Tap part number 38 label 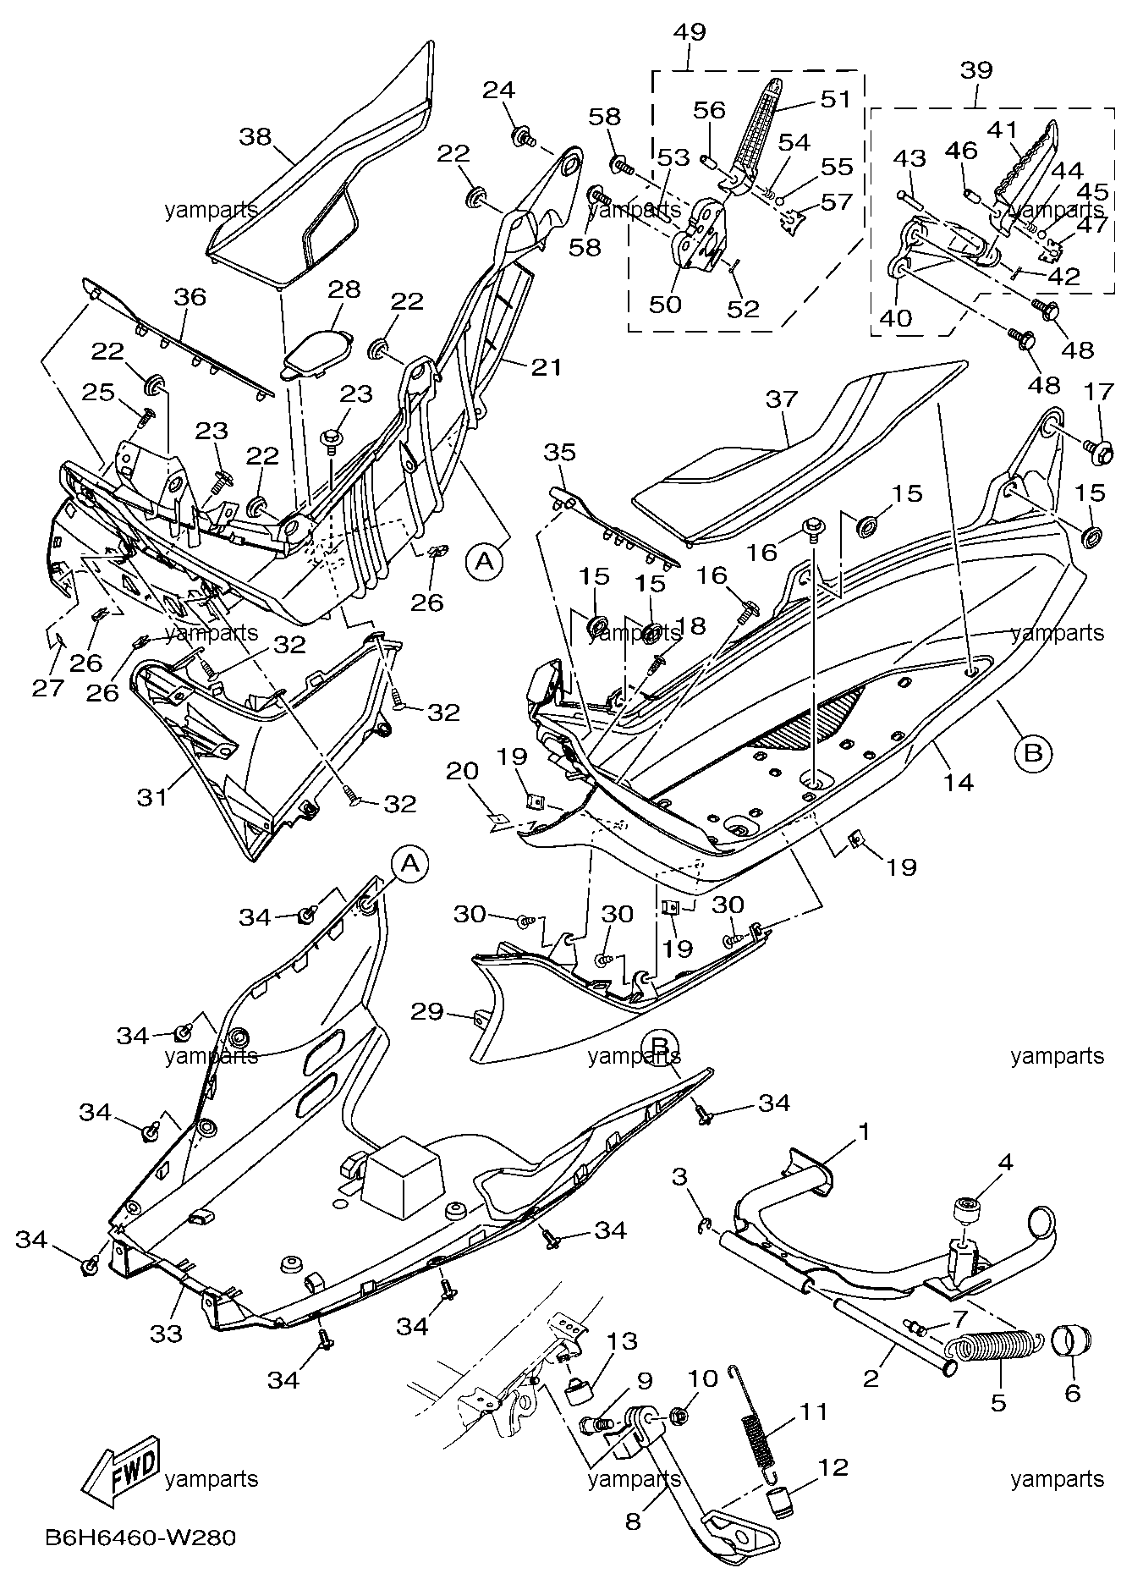256,135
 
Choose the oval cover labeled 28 318,349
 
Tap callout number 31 152,796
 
